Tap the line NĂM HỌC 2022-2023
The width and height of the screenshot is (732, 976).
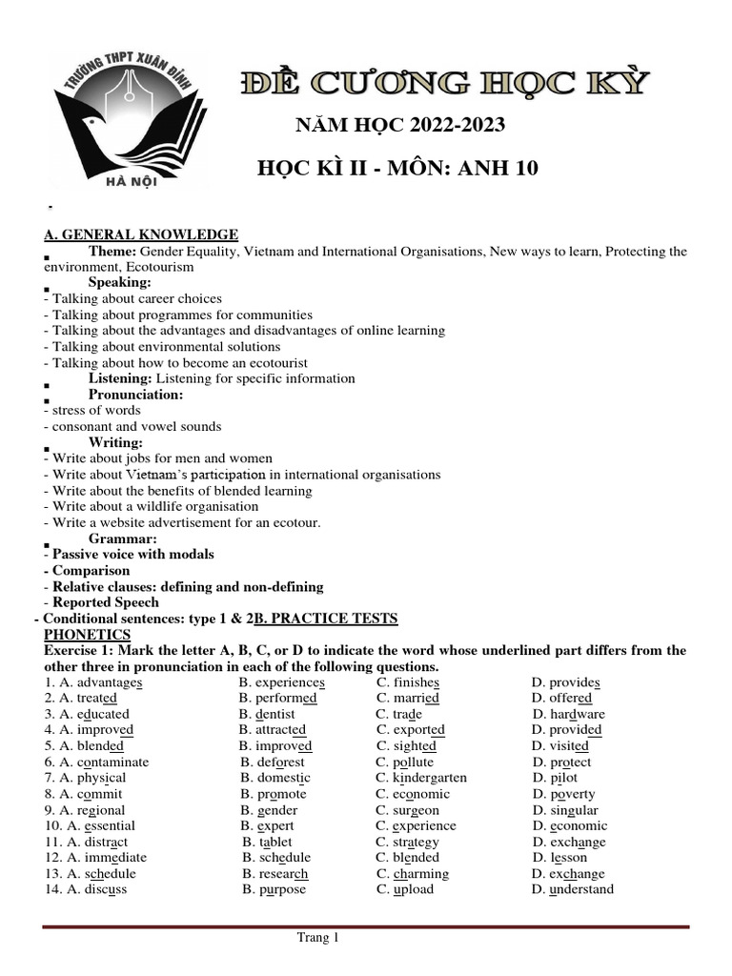pos(402,126)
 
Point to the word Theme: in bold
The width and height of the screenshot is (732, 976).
pos(113,251)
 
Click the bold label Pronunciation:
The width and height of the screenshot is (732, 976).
pos(136,395)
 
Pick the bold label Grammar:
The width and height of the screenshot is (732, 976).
pos(123,539)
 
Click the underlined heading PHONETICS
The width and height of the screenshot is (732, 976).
pos(88,634)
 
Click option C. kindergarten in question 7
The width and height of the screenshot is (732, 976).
pos(421,778)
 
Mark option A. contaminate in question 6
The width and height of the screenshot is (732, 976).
pos(96,762)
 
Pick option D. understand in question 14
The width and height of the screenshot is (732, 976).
pos(573,889)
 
